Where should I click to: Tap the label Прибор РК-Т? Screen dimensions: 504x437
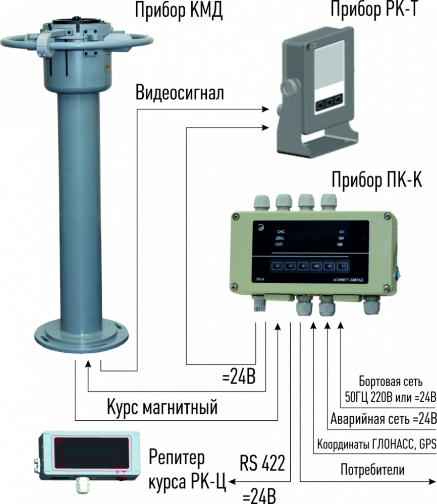tap(373, 10)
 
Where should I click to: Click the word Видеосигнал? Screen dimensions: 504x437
tap(180, 94)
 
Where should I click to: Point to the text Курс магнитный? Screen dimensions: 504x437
tap(162, 406)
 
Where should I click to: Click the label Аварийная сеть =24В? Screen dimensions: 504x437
tap(383, 419)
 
